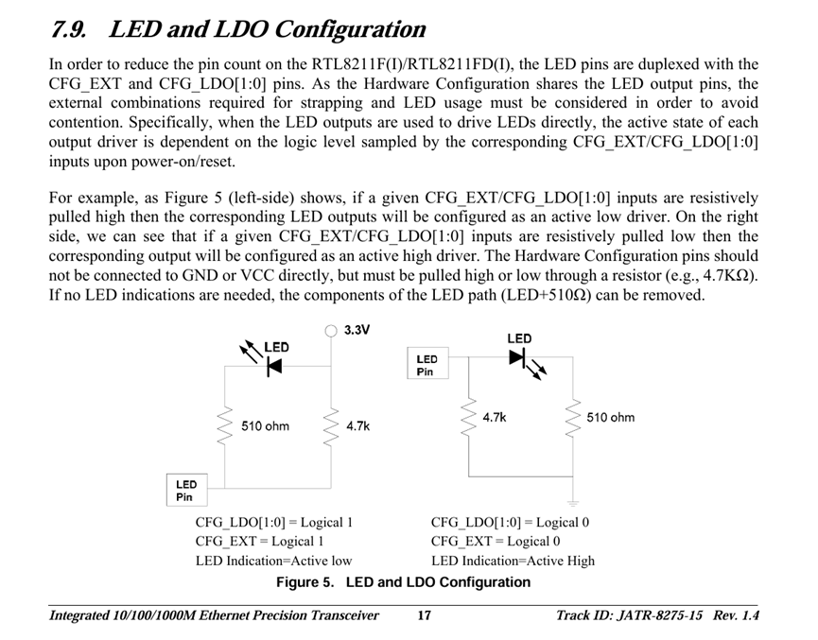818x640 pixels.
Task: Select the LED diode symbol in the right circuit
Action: point(517,358)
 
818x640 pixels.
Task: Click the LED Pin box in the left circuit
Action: point(186,491)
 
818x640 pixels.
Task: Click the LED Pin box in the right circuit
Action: point(427,365)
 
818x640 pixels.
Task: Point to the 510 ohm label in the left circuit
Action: point(265,426)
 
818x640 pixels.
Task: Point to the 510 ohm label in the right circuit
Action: point(611,417)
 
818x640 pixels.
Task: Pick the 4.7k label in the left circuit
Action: point(357,426)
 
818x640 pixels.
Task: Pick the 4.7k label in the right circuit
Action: point(495,416)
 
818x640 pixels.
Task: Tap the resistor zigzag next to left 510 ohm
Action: point(224,426)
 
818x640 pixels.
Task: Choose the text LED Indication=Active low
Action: point(273,561)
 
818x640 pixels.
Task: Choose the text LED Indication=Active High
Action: point(513,561)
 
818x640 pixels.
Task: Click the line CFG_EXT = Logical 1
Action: point(259,541)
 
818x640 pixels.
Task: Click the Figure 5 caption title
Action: point(403,582)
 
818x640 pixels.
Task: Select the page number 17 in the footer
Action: point(425,616)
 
